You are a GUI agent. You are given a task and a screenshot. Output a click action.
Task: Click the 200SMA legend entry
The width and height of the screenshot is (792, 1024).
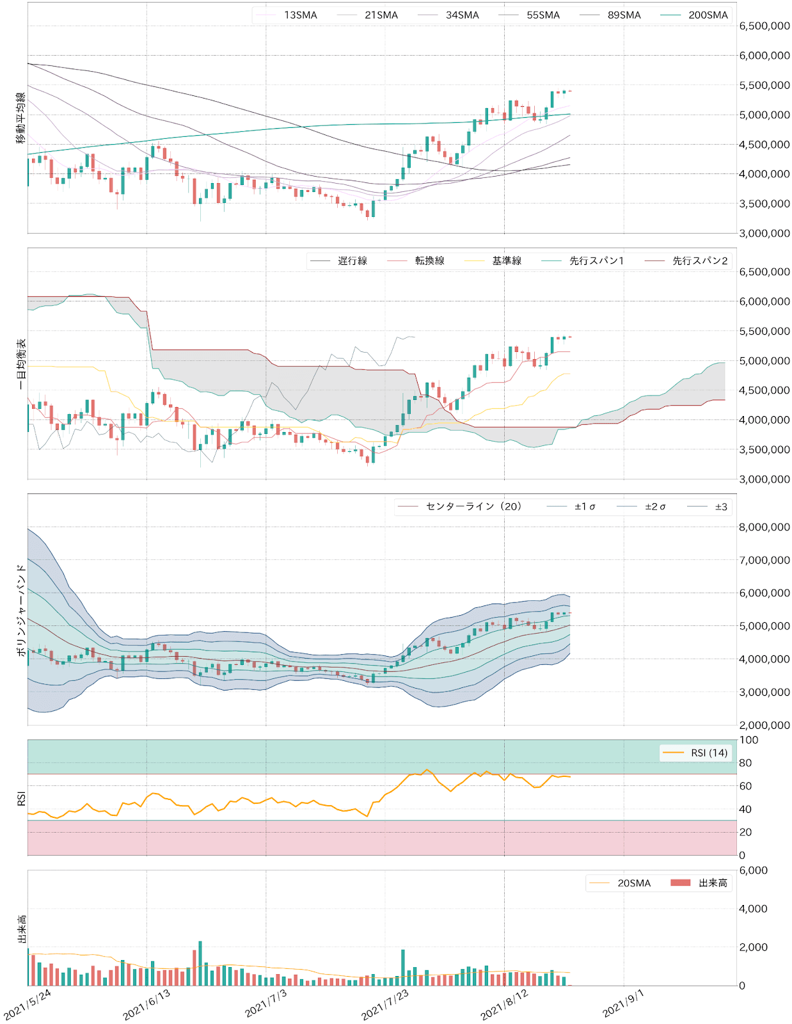coord(708,15)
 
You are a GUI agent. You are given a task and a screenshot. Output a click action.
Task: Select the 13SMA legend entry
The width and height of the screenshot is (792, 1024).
coord(300,15)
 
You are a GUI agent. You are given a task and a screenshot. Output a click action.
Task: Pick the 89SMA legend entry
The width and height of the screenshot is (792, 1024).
coord(624,15)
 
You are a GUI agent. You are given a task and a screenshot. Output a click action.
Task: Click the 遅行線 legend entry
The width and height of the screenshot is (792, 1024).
coord(352,261)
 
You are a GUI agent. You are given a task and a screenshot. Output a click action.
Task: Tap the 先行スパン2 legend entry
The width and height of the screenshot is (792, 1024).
coord(700,261)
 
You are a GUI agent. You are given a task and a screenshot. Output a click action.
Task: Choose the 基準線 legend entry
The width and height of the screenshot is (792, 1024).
coord(507,261)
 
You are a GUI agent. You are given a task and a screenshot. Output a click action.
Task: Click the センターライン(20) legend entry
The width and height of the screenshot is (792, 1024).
coord(473,507)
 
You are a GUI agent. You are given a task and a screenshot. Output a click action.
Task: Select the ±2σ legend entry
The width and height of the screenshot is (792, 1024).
coord(654,507)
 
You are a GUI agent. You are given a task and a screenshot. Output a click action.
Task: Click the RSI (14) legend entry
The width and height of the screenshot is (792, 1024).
coord(709,753)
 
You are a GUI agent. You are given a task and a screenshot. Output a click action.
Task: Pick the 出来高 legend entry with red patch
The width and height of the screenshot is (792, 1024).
coord(713,883)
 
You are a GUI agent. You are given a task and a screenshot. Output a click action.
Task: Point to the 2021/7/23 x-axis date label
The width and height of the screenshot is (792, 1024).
coord(384,1005)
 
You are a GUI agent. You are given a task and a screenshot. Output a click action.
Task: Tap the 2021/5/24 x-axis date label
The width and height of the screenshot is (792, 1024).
coord(28,1005)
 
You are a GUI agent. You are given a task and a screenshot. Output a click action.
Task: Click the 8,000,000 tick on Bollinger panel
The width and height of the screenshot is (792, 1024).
coord(764,527)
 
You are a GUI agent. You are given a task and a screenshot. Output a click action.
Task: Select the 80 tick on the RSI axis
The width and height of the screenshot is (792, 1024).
coord(745,763)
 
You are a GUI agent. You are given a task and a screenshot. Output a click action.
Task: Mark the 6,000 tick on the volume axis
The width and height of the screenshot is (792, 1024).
coord(754,870)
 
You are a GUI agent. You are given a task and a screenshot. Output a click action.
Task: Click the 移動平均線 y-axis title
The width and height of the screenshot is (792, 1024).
coord(20,118)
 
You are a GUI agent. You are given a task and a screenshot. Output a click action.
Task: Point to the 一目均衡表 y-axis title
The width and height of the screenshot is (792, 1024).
coord(20,364)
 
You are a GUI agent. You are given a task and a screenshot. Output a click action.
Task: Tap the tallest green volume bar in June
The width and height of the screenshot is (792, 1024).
coord(200,963)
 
